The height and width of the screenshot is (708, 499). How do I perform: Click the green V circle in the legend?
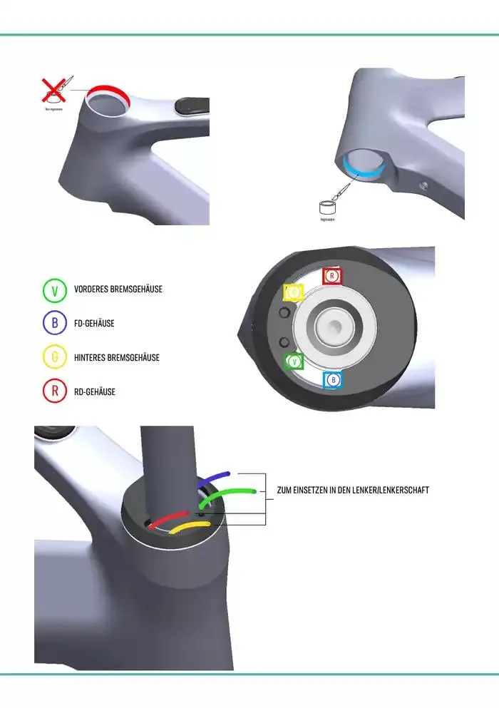click(54, 289)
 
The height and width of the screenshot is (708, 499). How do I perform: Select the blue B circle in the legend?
click(54, 324)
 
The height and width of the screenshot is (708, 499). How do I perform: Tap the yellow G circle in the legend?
click(54, 358)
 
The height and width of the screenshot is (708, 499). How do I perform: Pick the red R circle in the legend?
click(54, 391)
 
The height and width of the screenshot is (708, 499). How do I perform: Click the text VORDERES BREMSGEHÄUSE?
click(118, 289)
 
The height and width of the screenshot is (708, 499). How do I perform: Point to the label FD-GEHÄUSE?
click(94, 324)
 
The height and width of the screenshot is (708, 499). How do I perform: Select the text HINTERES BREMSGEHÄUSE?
click(117, 358)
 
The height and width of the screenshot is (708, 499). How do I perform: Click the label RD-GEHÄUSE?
click(95, 391)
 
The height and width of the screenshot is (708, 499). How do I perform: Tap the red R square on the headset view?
click(333, 276)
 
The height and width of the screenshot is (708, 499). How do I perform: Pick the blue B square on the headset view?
click(333, 380)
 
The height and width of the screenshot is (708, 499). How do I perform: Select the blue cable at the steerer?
click(213, 478)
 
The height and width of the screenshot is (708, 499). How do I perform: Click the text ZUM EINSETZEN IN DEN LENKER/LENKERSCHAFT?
click(352, 491)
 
